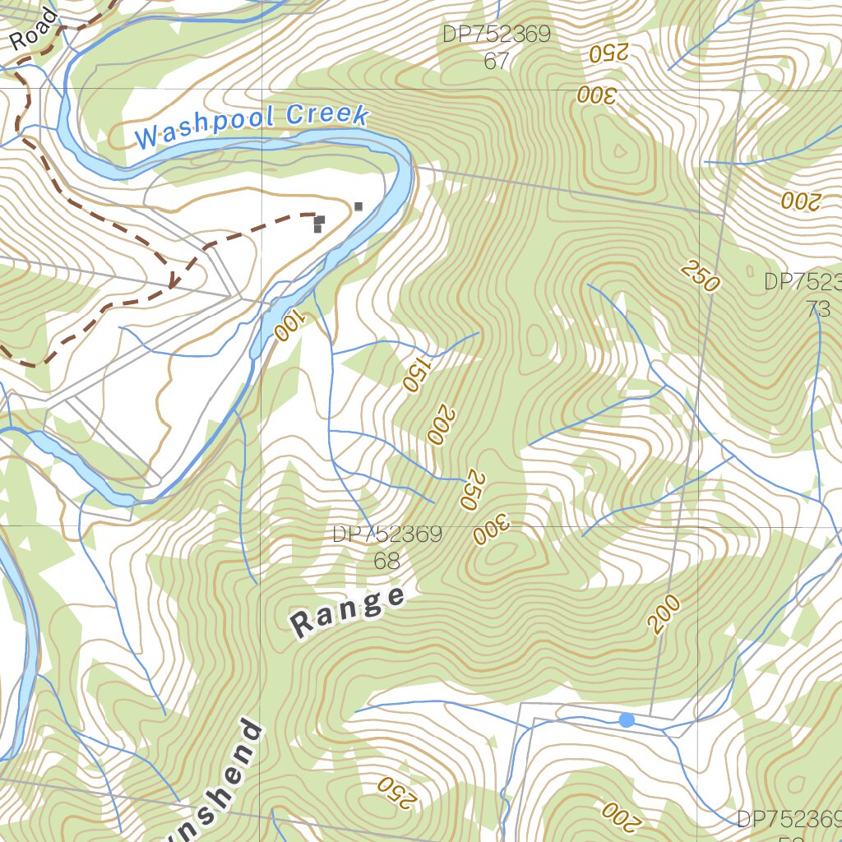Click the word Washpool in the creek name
click(204, 127)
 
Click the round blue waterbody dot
click(627, 720)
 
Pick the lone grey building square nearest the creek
click(359, 206)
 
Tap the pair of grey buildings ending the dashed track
click(319, 224)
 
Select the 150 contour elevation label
click(415, 374)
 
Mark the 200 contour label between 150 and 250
click(441, 424)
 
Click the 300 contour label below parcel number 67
click(596, 95)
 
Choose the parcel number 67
click(497, 62)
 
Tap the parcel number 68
click(386, 561)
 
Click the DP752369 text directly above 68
click(387, 534)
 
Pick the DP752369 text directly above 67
click(497, 35)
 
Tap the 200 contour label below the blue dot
click(619, 814)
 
